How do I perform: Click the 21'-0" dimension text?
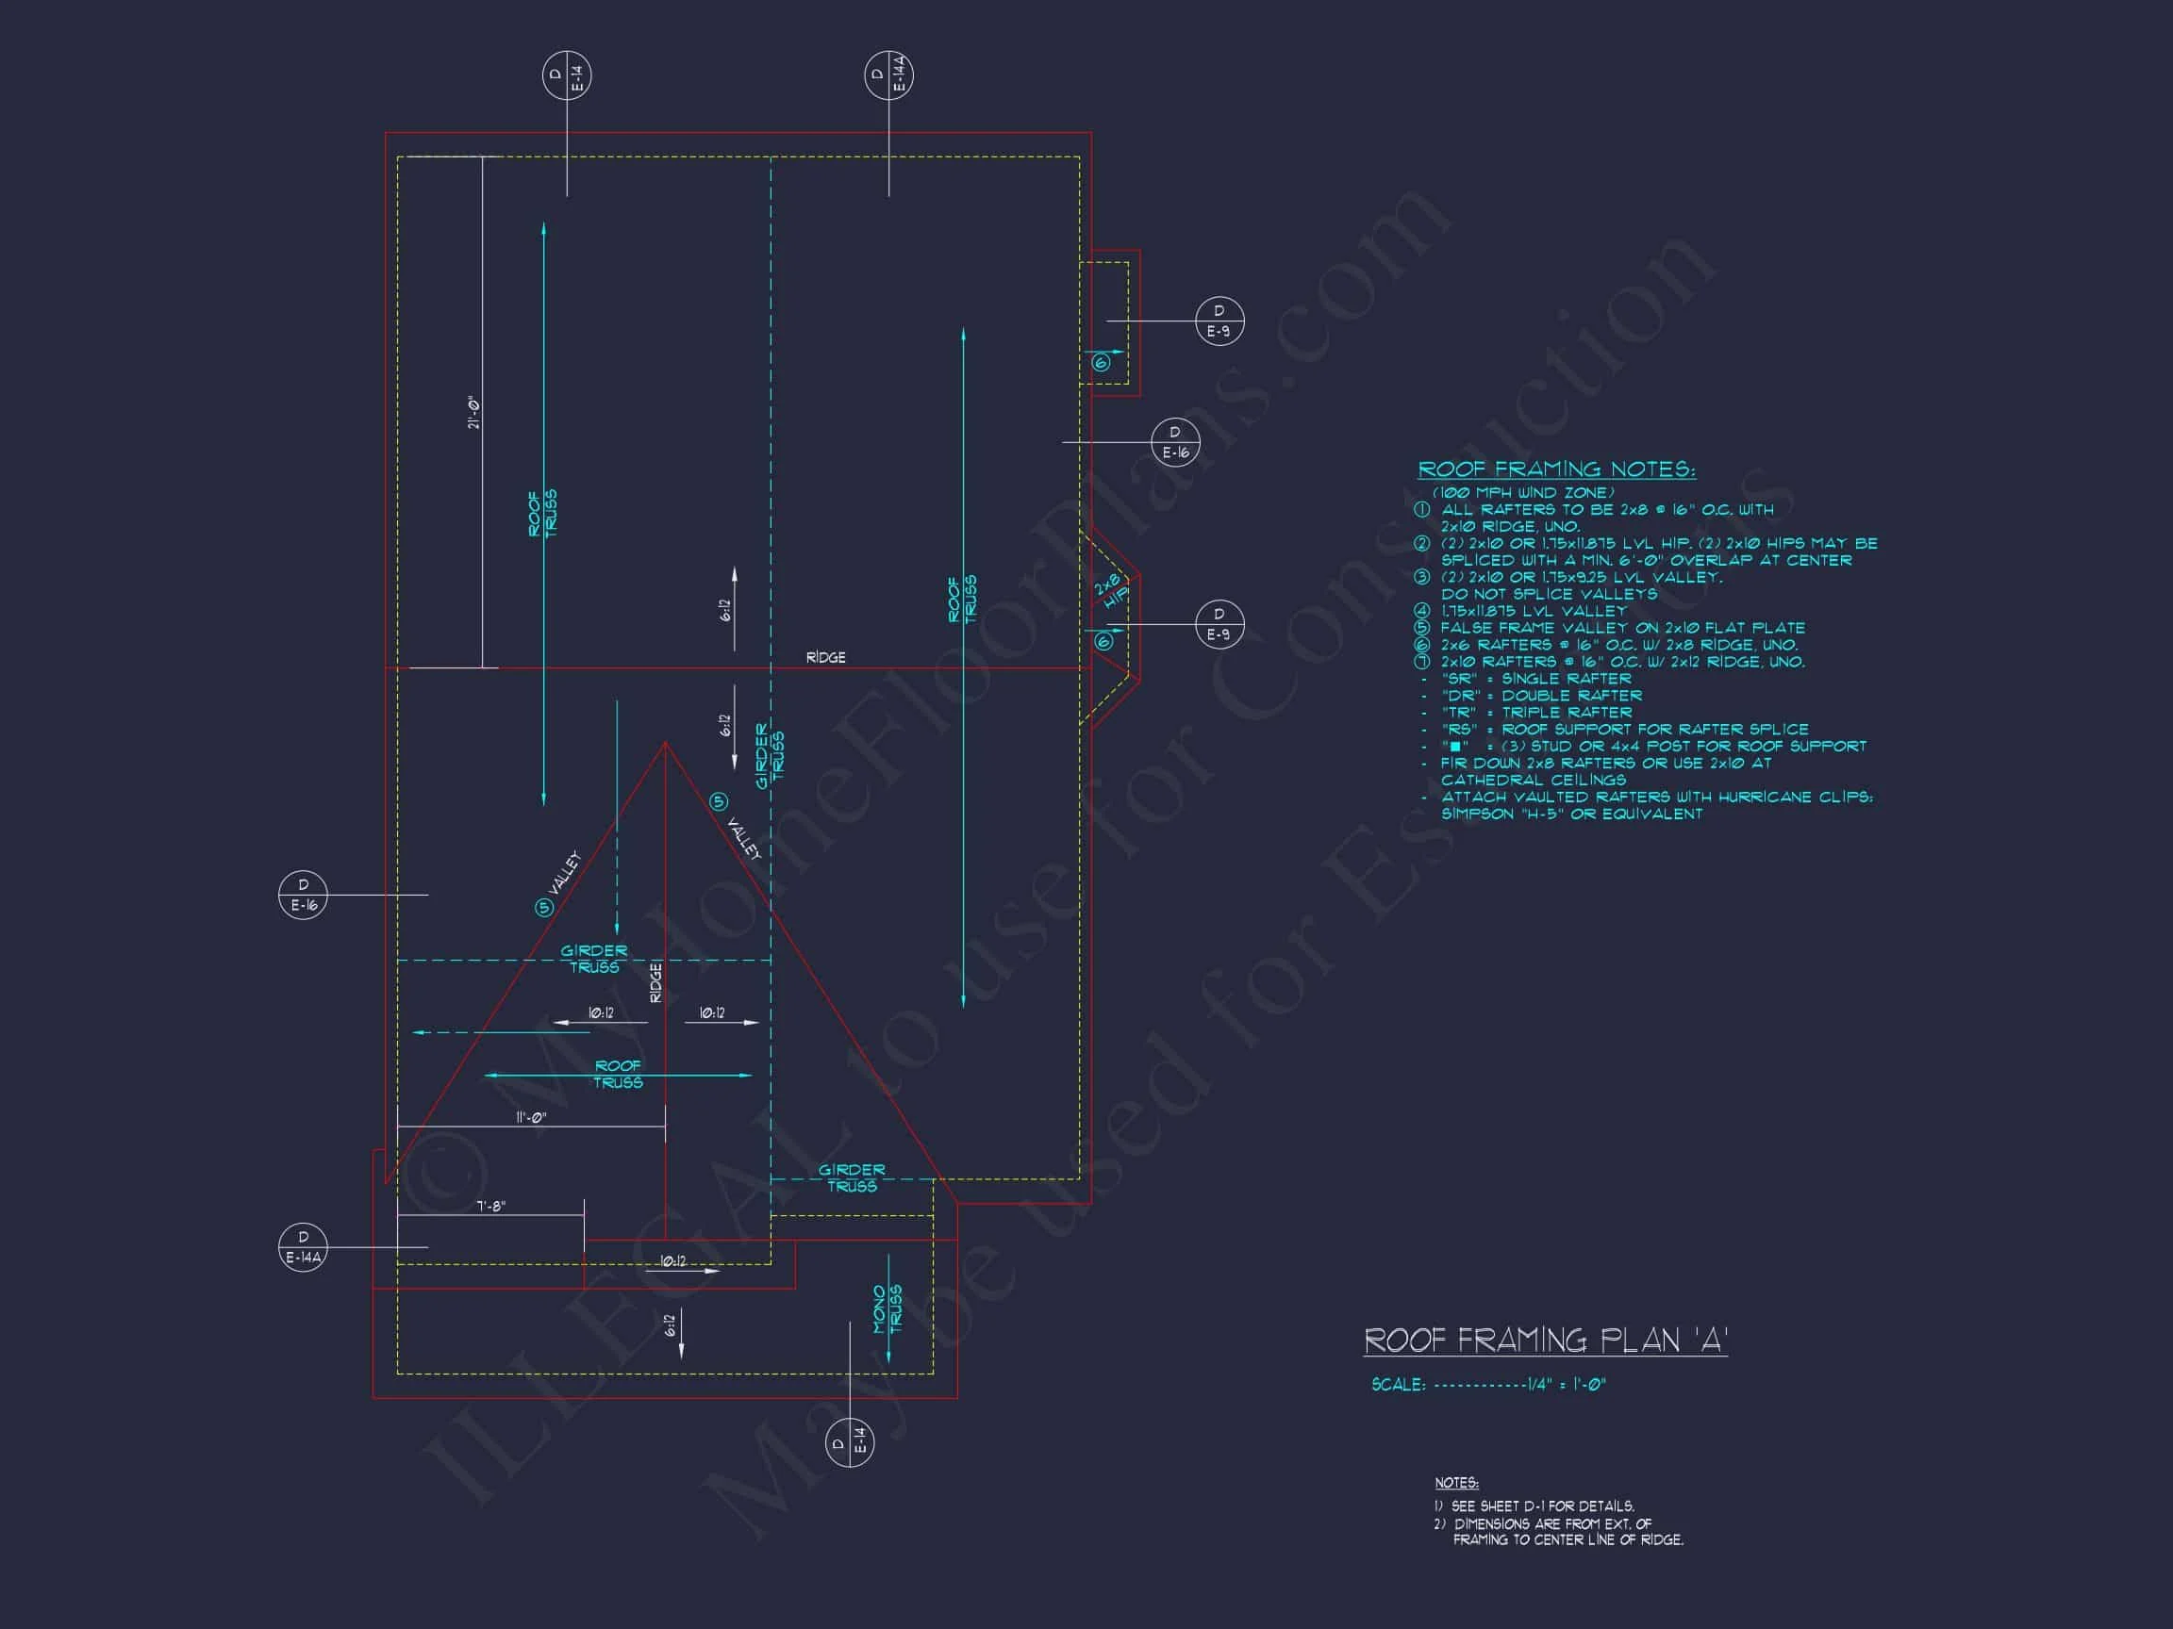(x=474, y=414)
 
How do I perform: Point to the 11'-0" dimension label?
(x=530, y=1117)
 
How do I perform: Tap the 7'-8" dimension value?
(x=490, y=1206)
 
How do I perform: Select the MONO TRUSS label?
(x=887, y=1308)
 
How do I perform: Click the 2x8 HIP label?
(x=1111, y=591)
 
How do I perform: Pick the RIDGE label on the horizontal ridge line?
(x=825, y=657)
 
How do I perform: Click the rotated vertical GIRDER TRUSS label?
(x=770, y=756)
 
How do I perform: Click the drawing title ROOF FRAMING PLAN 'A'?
(x=1545, y=1341)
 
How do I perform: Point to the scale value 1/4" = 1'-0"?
(x=1566, y=1385)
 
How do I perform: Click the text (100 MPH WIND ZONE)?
(x=1522, y=493)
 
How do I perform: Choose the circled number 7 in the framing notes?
(x=1421, y=662)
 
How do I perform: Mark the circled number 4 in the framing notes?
(x=1421, y=611)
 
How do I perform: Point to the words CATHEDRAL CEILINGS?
(x=1533, y=780)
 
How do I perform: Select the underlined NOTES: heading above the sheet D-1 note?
(x=1456, y=1483)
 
